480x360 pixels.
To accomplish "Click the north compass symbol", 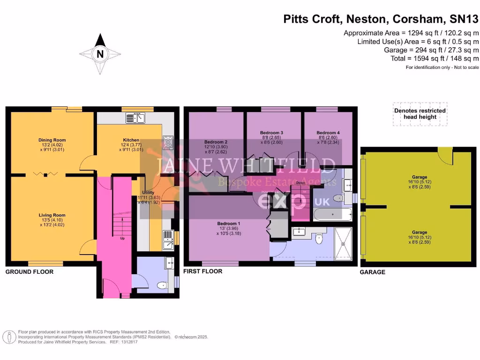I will point(99,54).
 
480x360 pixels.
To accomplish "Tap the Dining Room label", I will point(52,140).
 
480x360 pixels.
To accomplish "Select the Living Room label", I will point(52,215).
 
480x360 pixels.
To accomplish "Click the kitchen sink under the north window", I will point(135,118).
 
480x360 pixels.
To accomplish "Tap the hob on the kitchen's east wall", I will point(168,142).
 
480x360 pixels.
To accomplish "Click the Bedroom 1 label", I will point(229,223).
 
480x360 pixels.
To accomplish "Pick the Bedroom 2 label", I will point(216,142).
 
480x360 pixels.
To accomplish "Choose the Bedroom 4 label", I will point(328,133).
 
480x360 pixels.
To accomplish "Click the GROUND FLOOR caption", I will point(30,272).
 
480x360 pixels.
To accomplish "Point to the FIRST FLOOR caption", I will point(202,271).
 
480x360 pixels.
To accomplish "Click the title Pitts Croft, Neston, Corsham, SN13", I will point(381,19).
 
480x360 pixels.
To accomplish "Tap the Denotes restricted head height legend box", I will point(420,114).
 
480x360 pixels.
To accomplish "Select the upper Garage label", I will point(419,177).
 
